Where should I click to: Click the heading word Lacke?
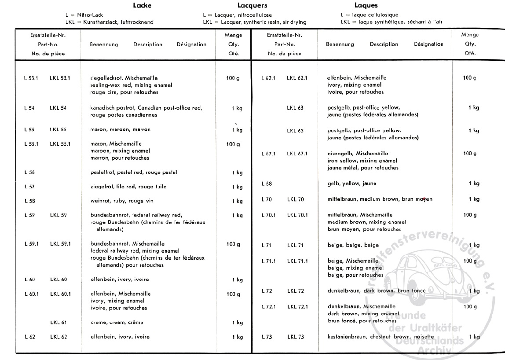point(143,6)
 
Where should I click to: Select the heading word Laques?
point(366,6)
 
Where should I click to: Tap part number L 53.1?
point(31,78)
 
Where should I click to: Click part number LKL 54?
point(58,108)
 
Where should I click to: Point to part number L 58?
point(29,201)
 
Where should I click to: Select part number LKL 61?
point(58,323)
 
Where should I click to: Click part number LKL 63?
point(295,108)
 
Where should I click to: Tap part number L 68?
point(266,184)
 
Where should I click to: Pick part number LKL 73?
point(295,337)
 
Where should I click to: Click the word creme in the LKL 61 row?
point(98,323)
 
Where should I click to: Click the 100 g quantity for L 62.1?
point(469,78)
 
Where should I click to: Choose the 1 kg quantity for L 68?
point(474,184)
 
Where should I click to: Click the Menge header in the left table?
point(234,35)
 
